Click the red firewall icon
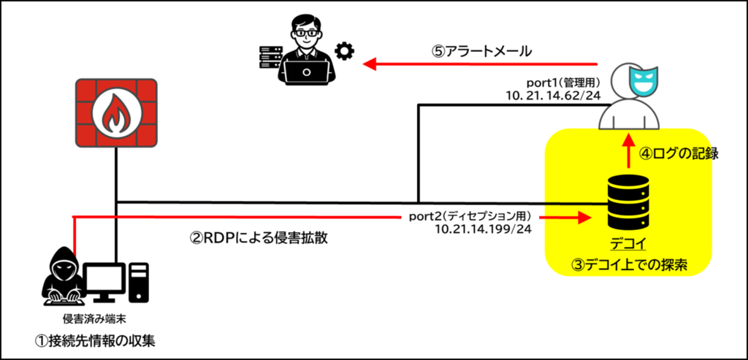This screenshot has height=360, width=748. (x=117, y=113)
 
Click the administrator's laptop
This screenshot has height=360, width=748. (x=305, y=72)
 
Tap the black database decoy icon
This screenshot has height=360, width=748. (x=627, y=202)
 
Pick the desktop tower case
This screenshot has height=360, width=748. (x=140, y=282)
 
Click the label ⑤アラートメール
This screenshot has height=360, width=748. (x=482, y=52)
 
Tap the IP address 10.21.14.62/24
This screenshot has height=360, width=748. (x=553, y=96)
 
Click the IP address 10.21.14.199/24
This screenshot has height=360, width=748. (x=484, y=229)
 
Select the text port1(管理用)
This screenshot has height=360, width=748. (x=562, y=83)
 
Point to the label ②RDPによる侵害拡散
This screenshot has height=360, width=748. (x=259, y=238)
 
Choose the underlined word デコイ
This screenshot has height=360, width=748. (x=628, y=244)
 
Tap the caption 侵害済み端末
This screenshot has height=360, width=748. (x=87, y=318)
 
